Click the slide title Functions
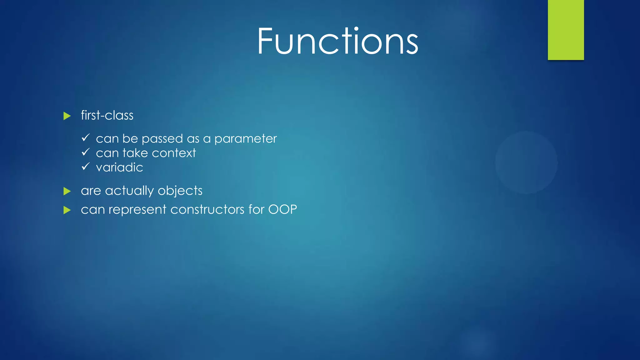pos(337,41)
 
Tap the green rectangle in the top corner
pos(566,30)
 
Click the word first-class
pos(107,115)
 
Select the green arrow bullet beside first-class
pos(67,116)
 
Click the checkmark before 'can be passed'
pos(86,137)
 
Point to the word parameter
pos(245,139)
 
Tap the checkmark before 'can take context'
pos(86,152)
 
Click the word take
pos(135,153)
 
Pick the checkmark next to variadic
pos(86,166)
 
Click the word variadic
pos(119,167)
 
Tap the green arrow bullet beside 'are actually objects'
pos(67,191)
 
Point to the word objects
pos(180,191)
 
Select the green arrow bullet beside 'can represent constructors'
pos(67,210)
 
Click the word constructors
pos(207,209)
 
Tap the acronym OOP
pos(282,209)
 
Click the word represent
pos(137,210)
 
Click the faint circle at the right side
pos(526,162)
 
